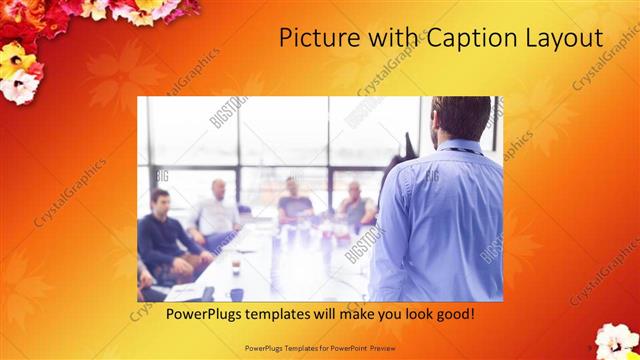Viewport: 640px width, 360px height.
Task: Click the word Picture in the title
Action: tap(313, 39)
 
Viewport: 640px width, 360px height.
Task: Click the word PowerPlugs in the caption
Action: tap(181, 314)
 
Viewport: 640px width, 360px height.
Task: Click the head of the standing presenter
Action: tap(460, 117)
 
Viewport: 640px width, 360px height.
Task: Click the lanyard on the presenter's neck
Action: tap(462, 150)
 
